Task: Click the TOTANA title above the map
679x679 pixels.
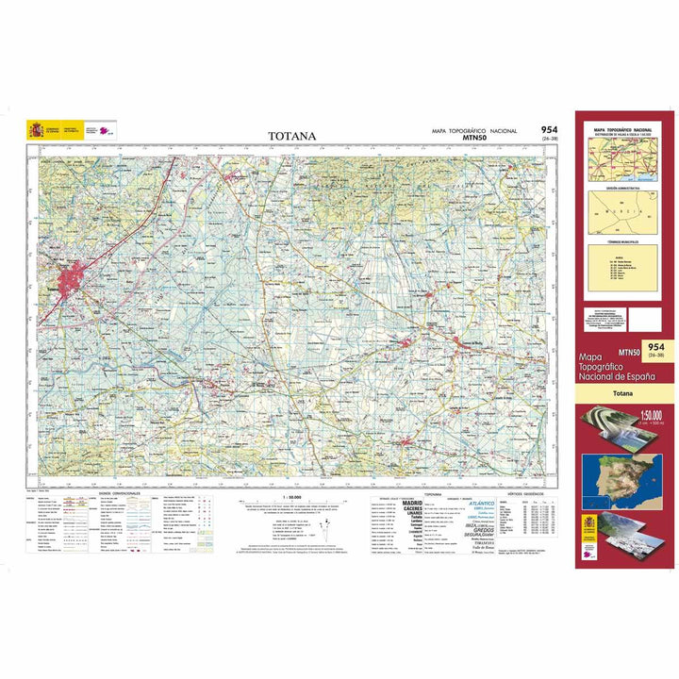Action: (291, 136)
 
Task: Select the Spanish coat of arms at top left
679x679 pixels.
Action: (37, 129)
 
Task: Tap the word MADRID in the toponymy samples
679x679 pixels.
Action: (412, 504)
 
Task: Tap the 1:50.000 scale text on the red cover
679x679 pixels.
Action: (624, 415)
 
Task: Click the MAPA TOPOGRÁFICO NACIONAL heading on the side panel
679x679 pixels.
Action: (621, 128)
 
